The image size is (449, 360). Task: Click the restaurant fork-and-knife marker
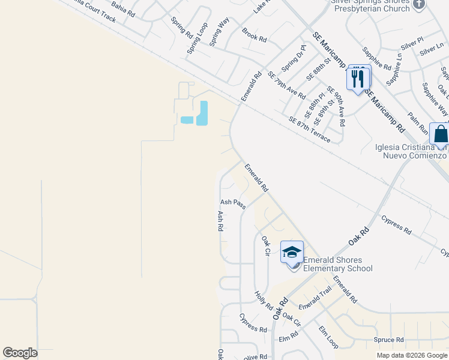358,78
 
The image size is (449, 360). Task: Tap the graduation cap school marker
292,253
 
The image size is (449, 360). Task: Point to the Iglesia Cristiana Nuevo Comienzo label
416,151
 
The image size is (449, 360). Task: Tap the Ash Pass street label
233,203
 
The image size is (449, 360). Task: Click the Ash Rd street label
220,221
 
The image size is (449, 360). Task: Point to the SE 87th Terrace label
309,129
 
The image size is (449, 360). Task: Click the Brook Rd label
254,34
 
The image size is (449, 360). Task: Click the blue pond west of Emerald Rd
202,113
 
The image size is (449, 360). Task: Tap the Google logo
20,353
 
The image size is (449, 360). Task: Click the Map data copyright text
411,355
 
